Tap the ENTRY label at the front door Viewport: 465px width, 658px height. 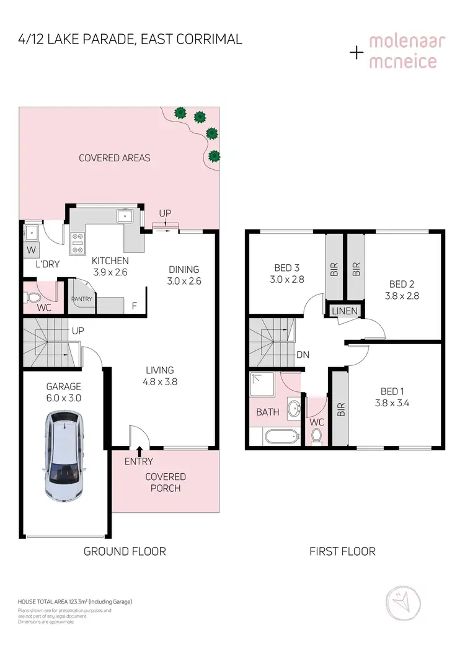pyautogui.click(x=139, y=461)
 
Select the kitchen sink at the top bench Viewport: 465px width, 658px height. pyautogui.click(x=125, y=216)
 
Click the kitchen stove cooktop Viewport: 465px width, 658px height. pyautogui.click(x=78, y=244)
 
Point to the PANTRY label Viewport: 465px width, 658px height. pyautogui.click(x=81, y=299)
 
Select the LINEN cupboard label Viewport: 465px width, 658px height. pyautogui.click(x=345, y=311)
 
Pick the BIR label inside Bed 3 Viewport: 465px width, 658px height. pyautogui.click(x=334, y=268)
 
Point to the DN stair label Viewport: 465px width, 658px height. pyautogui.click(x=303, y=355)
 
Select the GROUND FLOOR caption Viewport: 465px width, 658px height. pyautogui.click(x=125, y=551)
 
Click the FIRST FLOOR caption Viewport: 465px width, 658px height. pyautogui.click(x=342, y=551)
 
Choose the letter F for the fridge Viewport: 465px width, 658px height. pyautogui.click(x=134, y=305)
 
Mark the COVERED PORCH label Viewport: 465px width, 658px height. pyautogui.click(x=166, y=482)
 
